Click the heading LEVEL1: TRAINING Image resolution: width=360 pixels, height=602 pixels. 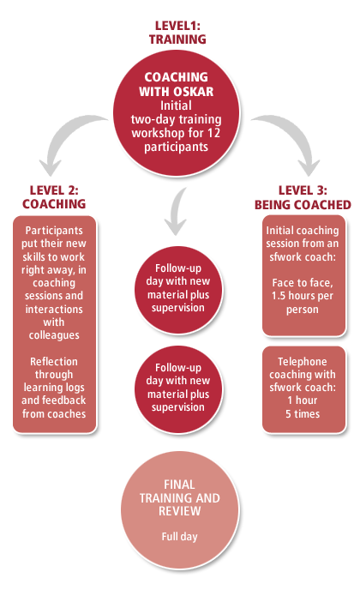click(x=177, y=33)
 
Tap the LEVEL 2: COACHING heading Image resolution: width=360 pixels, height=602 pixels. click(x=54, y=197)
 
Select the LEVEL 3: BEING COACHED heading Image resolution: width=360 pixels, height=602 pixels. click(x=303, y=198)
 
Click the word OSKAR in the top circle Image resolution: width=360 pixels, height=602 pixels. click(x=195, y=92)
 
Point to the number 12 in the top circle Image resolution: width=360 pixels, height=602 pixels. click(x=213, y=133)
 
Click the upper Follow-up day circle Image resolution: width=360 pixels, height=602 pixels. click(x=178, y=290)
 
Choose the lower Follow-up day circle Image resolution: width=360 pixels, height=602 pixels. click(x=178, y=389)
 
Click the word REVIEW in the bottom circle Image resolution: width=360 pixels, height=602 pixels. click(x=180, y=511)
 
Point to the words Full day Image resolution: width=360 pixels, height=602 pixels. click(x=180, y=536)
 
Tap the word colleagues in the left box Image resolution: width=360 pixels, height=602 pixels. click(x=54, y=335)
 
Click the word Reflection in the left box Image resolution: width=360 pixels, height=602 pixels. click(x=54, y=361)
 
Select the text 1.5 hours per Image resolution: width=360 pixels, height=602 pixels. click(x=303, y=296)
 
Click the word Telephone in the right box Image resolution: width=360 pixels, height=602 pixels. click(x=303, y=361)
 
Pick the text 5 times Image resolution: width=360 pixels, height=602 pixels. click(x=303, y=414)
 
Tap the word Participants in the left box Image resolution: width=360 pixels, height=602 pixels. click(x=54, y=231)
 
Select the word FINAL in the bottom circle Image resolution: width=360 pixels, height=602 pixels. click(x=179, y=485)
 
